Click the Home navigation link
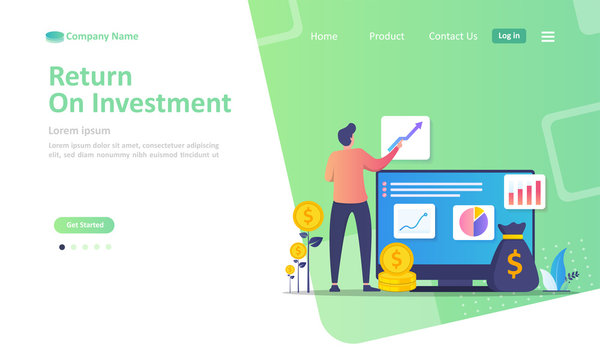pos(324,36)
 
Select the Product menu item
pos(386,36)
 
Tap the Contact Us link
pos(453,36)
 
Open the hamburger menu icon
pos(548,36)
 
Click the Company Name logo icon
pos(54,37)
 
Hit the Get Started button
pos(84,225)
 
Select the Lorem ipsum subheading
pos(80,130)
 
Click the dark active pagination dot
pos(62,247)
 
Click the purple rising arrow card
pos(406,137)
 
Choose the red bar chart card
pos(525,190)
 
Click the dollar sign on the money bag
pos(514,264)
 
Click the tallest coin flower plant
pos(308,216)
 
